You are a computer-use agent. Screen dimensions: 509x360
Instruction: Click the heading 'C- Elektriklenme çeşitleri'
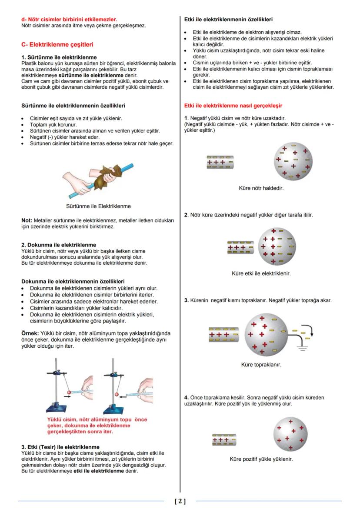pyautogui.click(x=57, y=44)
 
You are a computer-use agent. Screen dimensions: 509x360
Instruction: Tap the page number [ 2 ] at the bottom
pyautogui.click(x=180, y=501)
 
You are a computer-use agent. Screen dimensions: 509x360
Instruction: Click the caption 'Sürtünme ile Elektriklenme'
pyautogui.click(x=98, y=206)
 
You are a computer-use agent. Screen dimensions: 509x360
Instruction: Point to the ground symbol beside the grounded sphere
pyautogui.click(x=302, y=347)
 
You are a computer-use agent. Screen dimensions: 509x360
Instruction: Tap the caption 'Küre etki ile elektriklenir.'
pyautogui.click(x=261, y=273)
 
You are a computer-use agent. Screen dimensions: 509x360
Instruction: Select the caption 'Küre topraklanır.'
pyautogui.click(x=261, y=365)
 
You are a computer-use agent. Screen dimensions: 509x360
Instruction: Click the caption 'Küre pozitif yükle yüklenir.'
pyautogui.click(x=261, y=459)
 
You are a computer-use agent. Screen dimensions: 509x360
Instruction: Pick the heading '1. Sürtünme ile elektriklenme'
pyautogui.click(x=59, y=57)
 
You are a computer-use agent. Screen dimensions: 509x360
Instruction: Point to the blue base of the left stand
pyautogui.click(x=62, y=409)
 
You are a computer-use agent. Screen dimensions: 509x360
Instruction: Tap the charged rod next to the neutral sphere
pyautogui.click(x=220, y=162)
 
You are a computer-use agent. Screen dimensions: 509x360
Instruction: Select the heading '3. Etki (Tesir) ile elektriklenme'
pyautogui.click(x=60, y=447)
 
